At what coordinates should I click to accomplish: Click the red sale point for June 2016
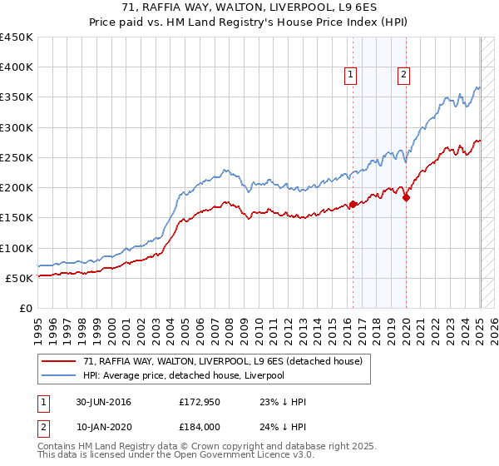(353, 204)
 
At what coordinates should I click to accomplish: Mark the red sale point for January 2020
(406, 197)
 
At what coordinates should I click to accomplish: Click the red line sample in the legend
(59, 362)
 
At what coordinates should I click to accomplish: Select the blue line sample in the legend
(59, 375)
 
